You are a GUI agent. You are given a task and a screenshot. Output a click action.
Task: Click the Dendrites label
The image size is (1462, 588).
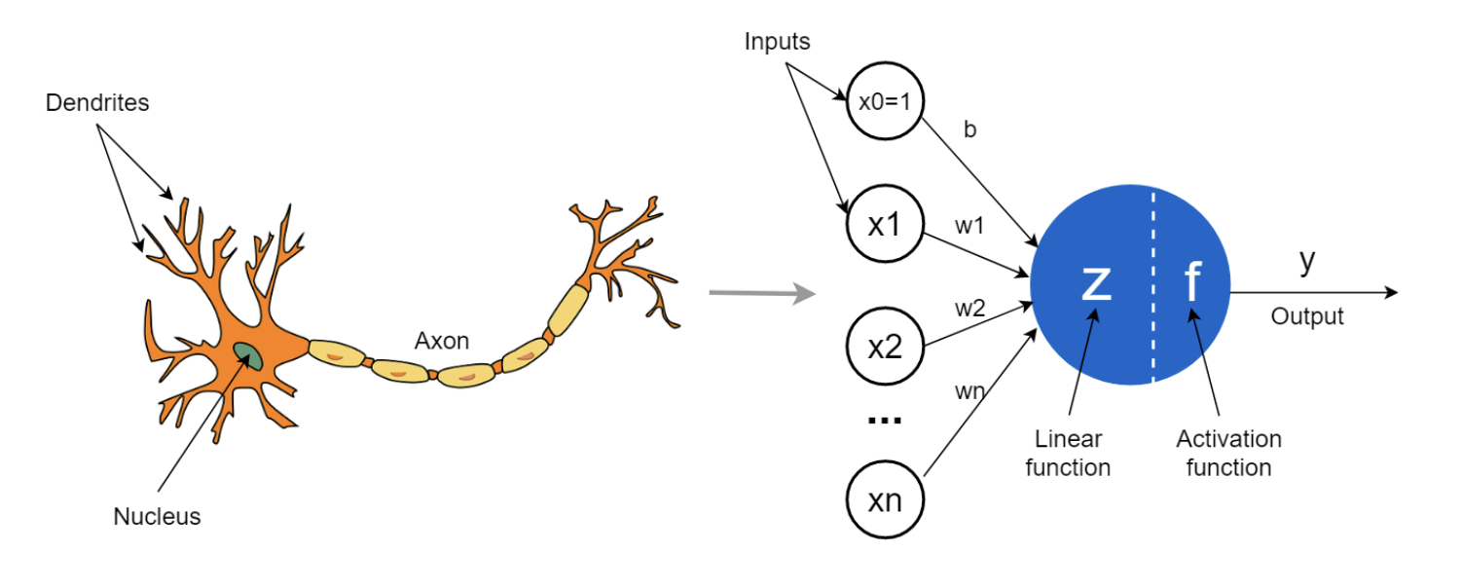pos(97,102)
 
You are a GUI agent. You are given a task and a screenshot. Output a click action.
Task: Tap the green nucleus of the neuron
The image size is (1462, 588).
pos(246,354)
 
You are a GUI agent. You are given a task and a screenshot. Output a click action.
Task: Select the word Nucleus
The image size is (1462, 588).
pos(157,517)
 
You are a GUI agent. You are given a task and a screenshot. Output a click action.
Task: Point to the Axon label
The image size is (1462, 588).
pos(442,341)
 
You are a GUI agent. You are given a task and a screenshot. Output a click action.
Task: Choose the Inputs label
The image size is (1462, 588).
pos(777,42)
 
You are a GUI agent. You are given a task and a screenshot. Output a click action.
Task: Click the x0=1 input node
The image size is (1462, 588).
pos(885,101)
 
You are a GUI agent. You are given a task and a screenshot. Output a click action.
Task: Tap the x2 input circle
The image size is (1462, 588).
pos(885,347)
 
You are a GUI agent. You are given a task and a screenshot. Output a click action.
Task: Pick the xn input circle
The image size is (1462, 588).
pos(885,501)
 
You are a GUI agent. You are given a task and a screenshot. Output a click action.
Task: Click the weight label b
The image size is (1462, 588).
pos(969,130)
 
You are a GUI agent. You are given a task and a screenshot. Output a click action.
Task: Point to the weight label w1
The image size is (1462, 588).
pos(969,227)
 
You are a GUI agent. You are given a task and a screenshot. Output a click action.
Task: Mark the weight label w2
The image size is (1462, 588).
pos(969,309)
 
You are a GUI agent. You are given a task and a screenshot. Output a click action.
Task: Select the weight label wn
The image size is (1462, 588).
pos(969,391)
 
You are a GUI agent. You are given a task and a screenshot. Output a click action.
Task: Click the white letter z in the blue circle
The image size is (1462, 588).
pos(1096,280)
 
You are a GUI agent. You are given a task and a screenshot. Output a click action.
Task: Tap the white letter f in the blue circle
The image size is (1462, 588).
pos(1192,280)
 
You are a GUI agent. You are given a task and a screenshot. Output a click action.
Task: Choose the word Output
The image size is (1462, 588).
pos(1307,316)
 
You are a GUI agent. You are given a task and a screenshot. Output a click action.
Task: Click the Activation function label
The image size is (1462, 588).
pos(1228,453)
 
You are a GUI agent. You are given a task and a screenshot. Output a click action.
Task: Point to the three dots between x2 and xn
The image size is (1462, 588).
pos(884,421)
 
